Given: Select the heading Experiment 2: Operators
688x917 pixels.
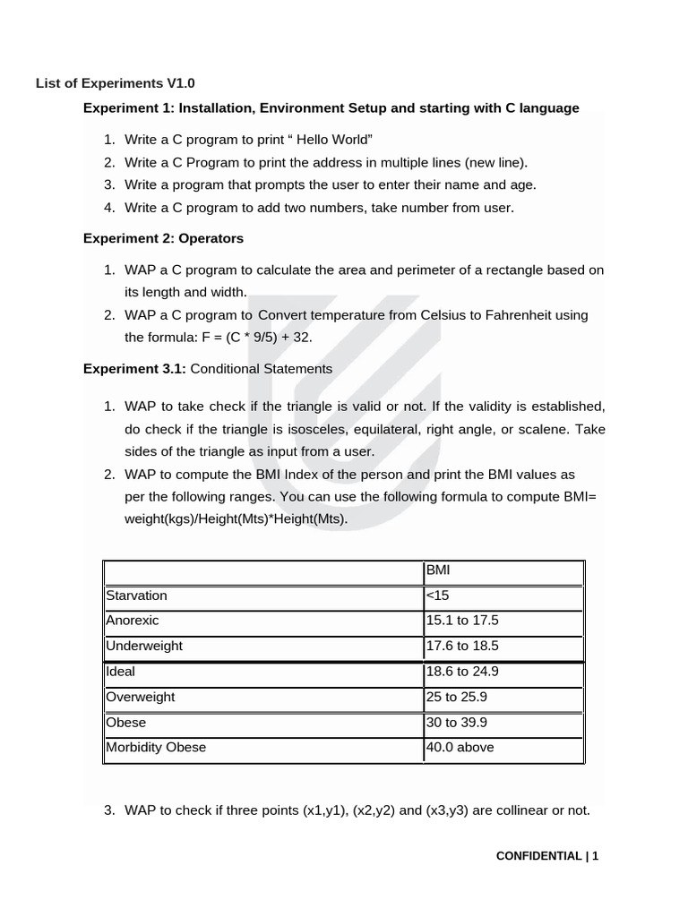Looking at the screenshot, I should pyautogui.click(x=163, y=238).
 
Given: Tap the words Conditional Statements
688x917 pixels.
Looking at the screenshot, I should pyautogui.click(x=262, y=368).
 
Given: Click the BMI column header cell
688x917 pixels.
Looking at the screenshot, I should pyautogui.click(x=438, y=570).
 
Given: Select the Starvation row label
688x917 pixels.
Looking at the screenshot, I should pyautogui.click(x=136, y=596).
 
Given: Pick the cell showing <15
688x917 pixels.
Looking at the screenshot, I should pyautogui.click(x=437, y=596).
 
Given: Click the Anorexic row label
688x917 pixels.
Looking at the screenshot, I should pyautogui.click(x=133, y=621).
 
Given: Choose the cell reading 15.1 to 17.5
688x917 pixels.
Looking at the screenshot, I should pyautogui.click(x=461, y=621).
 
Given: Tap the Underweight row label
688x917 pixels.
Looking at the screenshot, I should pyautogui.click(x=144, y=646).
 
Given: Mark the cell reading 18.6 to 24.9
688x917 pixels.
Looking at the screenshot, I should pyautogui.click(x=461, y=671).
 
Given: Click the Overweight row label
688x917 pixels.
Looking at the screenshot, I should pyautogui.click(x=141, y=697).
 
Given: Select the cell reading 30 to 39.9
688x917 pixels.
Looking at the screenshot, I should pyautogui.click(x=456, y=722).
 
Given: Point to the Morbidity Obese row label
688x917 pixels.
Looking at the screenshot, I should pyautogui.click(x=156, y=747).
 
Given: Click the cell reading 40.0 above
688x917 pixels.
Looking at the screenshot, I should pyautogui.click(x=460, y=747).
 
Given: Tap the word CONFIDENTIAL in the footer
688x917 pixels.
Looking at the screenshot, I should pyautogui.click(x=538, y=856).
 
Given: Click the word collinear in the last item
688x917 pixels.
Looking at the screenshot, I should pyautogui.click(x=494, y=810).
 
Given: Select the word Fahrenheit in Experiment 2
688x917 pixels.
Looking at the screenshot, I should pyautogui.click(x=519, y=315).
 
